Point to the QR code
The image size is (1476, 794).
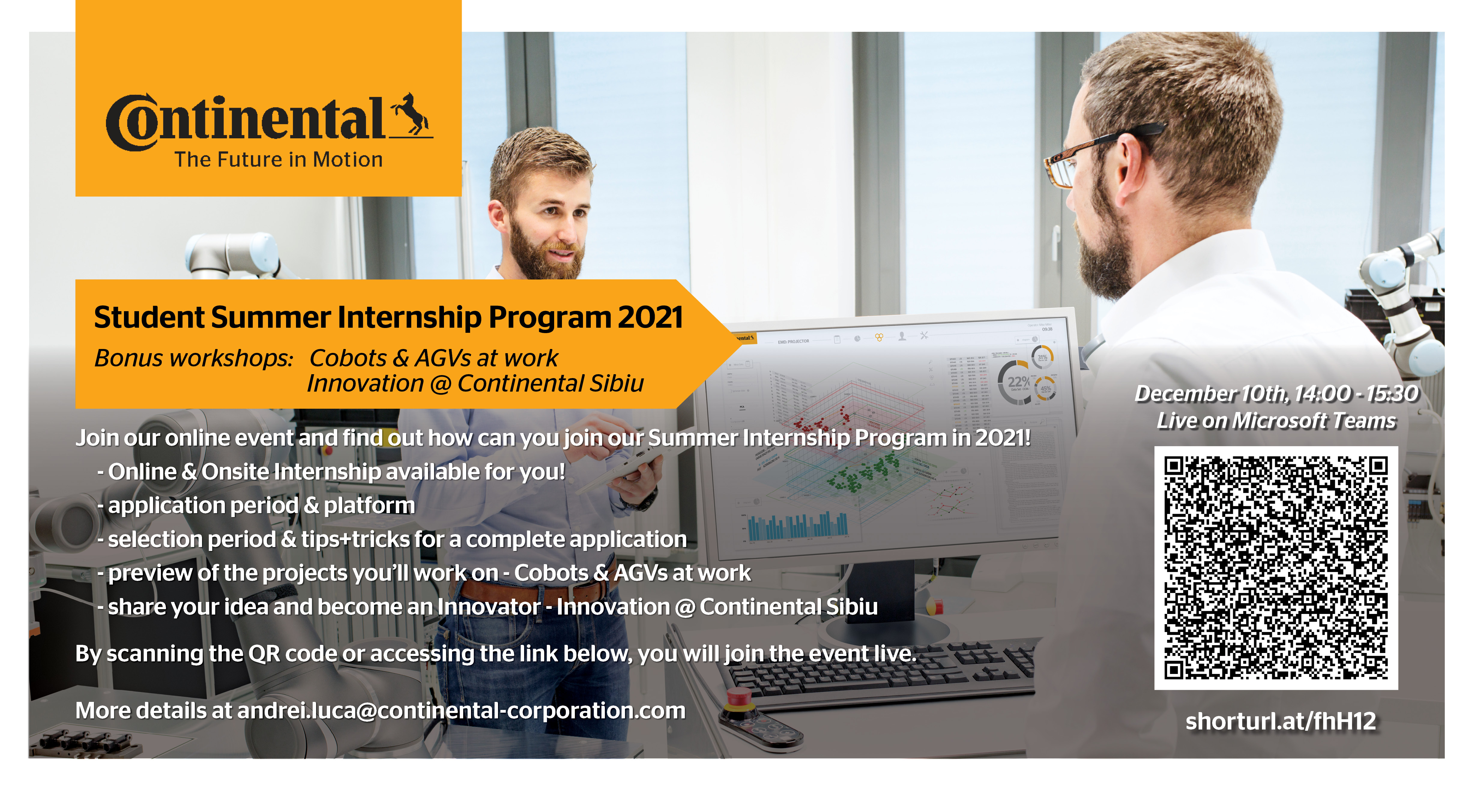(x=1276, y=568)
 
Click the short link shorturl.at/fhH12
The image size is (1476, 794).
(x=1281, y=721)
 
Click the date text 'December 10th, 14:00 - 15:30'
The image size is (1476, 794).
(x=1277, y=394)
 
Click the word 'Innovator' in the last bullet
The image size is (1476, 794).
(x=489, y=607)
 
